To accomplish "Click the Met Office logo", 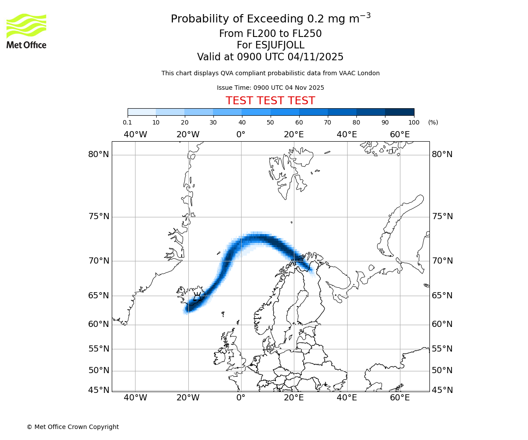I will [26, 31].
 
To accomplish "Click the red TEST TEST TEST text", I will [270, 101].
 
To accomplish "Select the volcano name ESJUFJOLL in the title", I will [270, 45].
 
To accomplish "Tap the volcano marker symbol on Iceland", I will [198, 296].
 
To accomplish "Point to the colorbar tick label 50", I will [270, 123].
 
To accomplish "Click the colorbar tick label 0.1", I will [127, 123].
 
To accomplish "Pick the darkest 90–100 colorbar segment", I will [400, 112].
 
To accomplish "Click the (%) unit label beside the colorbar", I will [433, 123].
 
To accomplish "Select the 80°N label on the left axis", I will [98, 154].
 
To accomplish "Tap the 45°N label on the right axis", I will [442, 390].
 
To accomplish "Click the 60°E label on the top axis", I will [400, 135].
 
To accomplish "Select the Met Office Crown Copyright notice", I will [73, 427].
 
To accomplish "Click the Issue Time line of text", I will [270, 88].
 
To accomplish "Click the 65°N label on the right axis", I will [442, 296].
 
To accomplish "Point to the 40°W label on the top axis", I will [135, 135].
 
